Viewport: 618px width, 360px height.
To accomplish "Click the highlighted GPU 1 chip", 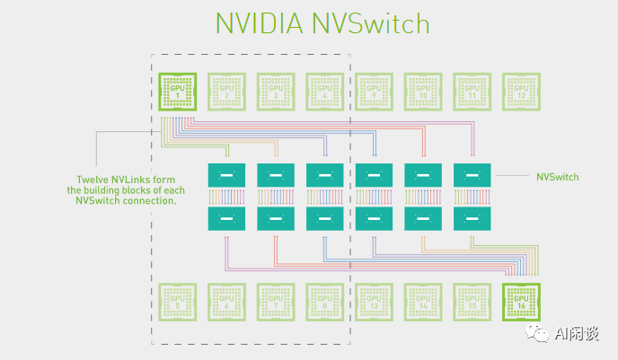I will tap(177, 90).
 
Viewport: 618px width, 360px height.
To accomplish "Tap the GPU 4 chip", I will tap(324, 90).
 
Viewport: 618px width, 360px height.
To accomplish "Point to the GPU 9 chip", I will tap(374, 90).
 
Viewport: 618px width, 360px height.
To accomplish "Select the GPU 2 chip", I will tap(226, 90).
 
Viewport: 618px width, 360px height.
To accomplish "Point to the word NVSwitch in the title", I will tap(373, 24).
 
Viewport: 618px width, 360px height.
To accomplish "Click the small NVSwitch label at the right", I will tap(557, 178).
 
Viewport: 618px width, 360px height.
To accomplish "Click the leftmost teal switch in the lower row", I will tap(226, 217).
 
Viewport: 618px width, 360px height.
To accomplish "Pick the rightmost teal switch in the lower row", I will tap(472, 217).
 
